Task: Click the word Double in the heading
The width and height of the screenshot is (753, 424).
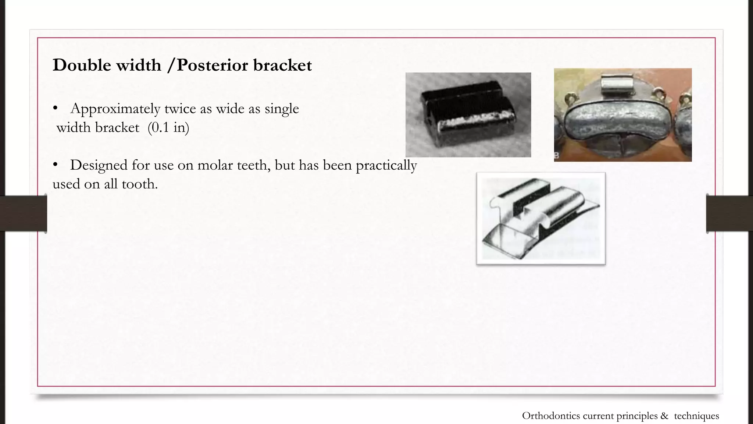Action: [x=82, y=65]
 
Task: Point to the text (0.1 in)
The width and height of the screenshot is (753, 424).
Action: [x=168, y=127]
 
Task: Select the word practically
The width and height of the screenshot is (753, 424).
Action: [x=386, y=165]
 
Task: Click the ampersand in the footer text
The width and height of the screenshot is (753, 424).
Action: [x=664, y=416]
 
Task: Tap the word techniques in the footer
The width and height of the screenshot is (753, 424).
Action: [x=696, y=416]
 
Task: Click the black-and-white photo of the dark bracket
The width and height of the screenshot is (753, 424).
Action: [x=468, y=115]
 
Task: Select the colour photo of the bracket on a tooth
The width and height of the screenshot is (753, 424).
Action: [x=622, y=115]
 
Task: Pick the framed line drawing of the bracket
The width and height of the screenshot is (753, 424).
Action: [x=541, y=218]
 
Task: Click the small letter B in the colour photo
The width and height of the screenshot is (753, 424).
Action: [x=557, y=156]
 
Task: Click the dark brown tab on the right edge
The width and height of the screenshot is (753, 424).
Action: [x=729, y=213]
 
